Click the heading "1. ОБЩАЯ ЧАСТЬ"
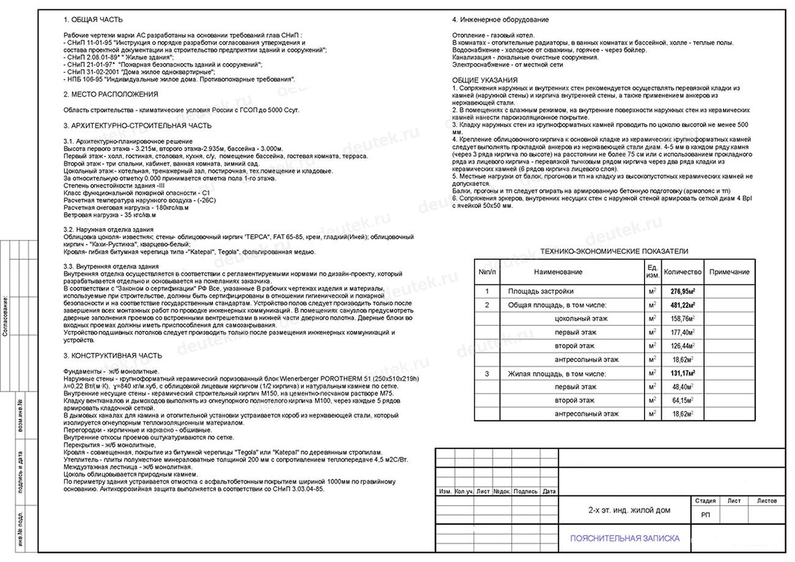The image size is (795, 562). (x=93, y=20)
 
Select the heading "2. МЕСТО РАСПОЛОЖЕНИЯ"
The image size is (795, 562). (x=111, y=95)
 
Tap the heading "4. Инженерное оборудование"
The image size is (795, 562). (x=500, y=20)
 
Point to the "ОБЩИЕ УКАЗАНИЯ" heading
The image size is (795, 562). (x=485, y=80)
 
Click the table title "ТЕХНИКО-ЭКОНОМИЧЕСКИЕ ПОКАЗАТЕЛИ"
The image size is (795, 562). (x=614, y=251)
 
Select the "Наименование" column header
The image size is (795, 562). (x=558, y=272)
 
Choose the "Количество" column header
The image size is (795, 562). (x=682, y=272)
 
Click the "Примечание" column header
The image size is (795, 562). (x=730, y=272)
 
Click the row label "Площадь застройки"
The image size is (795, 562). (x=541, y=292)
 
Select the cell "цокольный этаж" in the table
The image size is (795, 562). (x=581, y=319)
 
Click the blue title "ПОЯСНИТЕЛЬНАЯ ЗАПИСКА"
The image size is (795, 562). (x=624, y=539)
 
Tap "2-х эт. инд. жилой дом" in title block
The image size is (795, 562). (x=621, y=510)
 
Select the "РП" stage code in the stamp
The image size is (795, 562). (x=705, y=515)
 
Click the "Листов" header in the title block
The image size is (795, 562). (x=767, y=501)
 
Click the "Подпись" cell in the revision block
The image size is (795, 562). (x=525, y=492)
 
